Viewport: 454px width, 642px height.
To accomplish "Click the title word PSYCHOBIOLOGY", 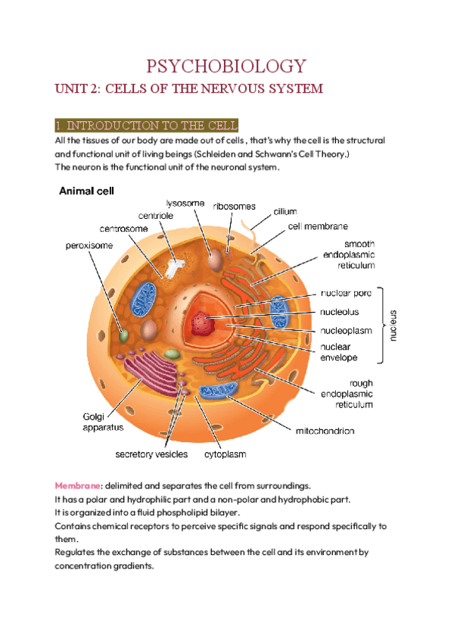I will pos(226,66).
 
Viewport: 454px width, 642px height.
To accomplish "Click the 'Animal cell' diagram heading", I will pos(87,192).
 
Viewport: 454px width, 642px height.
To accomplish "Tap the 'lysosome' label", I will pos(186,202).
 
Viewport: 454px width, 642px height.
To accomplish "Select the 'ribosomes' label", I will pos(234,206).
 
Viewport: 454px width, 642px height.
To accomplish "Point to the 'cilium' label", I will pos(285,211).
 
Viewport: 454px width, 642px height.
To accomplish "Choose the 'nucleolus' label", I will pos(340,311).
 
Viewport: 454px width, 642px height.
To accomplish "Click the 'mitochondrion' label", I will pos(324,431).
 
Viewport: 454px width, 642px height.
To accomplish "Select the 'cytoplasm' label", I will pos(225,455).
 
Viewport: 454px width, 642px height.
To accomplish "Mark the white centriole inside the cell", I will pos(175,268).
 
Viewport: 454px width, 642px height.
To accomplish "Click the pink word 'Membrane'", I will pos(78,485).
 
